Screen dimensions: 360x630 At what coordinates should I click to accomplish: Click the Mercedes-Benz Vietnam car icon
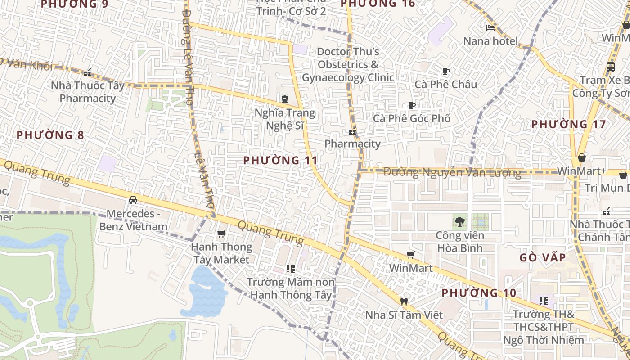(x=133, y=200)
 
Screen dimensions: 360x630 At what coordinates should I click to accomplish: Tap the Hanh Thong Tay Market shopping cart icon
(x=221, y=234)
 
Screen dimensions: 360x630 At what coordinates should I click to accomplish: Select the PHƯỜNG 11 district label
(x=280, y=160)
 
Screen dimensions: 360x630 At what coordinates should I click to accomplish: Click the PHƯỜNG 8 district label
(x=50, y=135)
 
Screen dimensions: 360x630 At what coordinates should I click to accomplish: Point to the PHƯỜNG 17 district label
(x=569, y=124)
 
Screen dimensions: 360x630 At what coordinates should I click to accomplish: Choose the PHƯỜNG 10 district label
(x=479, y=293)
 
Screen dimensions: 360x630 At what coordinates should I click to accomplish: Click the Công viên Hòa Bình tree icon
(x=459, y=221)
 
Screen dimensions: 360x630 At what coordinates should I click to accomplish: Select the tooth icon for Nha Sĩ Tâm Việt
(x=404, y=301)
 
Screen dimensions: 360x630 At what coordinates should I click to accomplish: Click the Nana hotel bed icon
(x=490, y=28)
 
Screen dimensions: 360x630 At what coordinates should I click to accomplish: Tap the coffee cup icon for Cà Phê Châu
(x=445, y=71)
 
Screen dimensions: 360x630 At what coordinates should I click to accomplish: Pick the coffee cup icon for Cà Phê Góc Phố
(x=411, y=105)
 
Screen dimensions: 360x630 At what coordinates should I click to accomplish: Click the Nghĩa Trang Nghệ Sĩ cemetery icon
(x=284, y=99)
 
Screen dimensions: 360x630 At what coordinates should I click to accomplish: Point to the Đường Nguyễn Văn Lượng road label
(x=452, y=172)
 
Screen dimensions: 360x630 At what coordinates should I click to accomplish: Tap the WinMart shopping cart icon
(x=410, y=255)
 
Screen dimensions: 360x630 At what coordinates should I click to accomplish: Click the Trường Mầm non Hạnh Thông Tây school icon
(x=291, y=269)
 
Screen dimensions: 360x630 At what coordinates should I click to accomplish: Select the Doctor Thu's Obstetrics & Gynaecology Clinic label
(x=348, y=64)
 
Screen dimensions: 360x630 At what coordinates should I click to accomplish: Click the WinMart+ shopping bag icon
(x=582, y=157)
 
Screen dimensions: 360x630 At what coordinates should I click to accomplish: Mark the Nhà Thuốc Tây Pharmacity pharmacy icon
(x=87, y=72)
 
